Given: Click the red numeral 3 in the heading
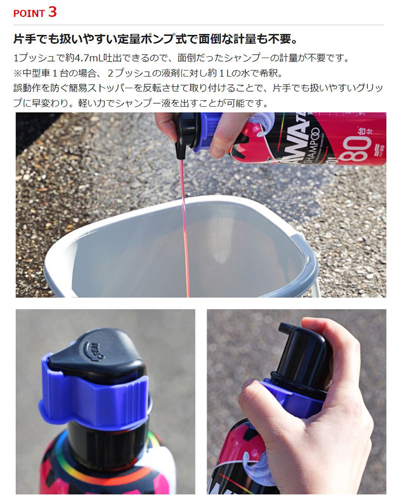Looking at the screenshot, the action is (x=53, y=12).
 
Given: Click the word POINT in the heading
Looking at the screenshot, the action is (x=29, y=14).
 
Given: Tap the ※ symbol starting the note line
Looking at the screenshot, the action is (x=18, y=73).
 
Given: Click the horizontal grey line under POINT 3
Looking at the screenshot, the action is (x=198, y=25).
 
